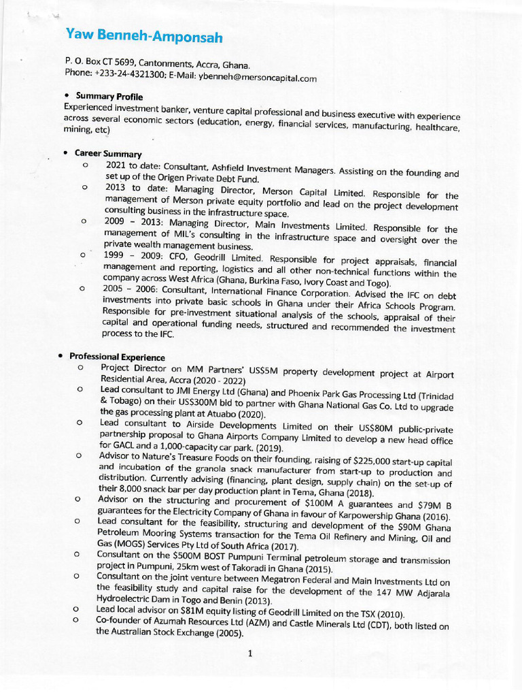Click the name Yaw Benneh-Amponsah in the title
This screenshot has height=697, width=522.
point(144,37)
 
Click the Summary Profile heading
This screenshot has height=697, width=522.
point(109,97)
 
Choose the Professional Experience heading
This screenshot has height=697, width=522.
point(117,357)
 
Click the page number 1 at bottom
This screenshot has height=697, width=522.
point(250,654)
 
